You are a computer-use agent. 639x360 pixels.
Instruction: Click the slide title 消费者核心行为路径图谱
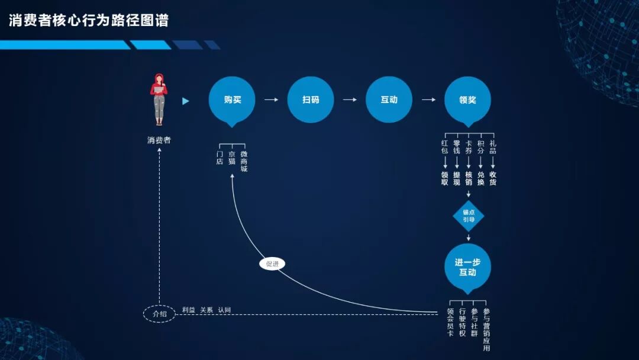click(x=89, y=21)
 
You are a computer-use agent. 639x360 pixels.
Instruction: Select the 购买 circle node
click(x=232, y=99)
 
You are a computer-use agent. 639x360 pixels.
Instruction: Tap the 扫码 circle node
click(x=311, y=99)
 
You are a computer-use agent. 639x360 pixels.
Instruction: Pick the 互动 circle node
click(x=389, y=99)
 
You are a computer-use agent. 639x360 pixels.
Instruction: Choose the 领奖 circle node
click(x=467, y=99)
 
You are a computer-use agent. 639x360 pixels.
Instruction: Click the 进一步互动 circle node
click(x=467, y=267)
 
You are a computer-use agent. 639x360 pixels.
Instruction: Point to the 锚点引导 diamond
click(x=469, y=216)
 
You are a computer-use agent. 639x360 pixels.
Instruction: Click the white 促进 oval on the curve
click(x=272, y=264)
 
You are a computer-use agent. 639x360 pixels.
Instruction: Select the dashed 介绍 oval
click(x=159, y=314)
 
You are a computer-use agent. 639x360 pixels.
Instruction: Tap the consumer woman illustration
click(x=159, y=99)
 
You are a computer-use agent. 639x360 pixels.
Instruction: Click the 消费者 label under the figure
click(x=159, y=140)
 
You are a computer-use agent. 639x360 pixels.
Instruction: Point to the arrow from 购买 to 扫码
click(x=271, y=99)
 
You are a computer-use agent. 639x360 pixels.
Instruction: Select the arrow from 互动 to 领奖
click(x=428, y=99)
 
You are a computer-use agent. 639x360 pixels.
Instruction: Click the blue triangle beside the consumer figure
click(x=186, y=101)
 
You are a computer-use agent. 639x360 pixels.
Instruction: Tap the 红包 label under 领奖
click(x=445, y=147)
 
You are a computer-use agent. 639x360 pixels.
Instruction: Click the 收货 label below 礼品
click(x=493, y=178)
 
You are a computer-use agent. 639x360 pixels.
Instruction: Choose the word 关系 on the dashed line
click(x=206, y=310)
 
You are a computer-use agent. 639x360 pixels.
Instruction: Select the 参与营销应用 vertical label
click(x=486, y=329)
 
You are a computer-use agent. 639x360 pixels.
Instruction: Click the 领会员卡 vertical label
click(x=451, y=322)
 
